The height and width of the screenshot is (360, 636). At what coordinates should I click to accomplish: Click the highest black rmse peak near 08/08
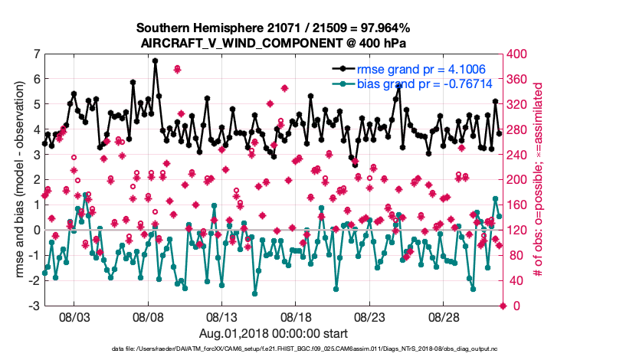(x=155, y=61)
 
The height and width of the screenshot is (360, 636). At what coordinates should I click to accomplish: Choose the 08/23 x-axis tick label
(x=369, y=316)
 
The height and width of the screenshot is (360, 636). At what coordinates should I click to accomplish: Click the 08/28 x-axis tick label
(x=443, y=316)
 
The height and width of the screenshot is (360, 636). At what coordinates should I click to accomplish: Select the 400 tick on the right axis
(x=520, y=54)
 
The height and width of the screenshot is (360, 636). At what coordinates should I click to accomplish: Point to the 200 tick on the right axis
(x=520, y=180)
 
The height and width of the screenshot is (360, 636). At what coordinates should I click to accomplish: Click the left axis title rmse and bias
(x=18, y=180)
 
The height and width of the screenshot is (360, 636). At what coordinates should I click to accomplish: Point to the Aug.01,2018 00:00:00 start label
(x=273, y=333)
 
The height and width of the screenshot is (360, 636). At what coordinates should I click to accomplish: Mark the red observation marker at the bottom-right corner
(x=503, y=306)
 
